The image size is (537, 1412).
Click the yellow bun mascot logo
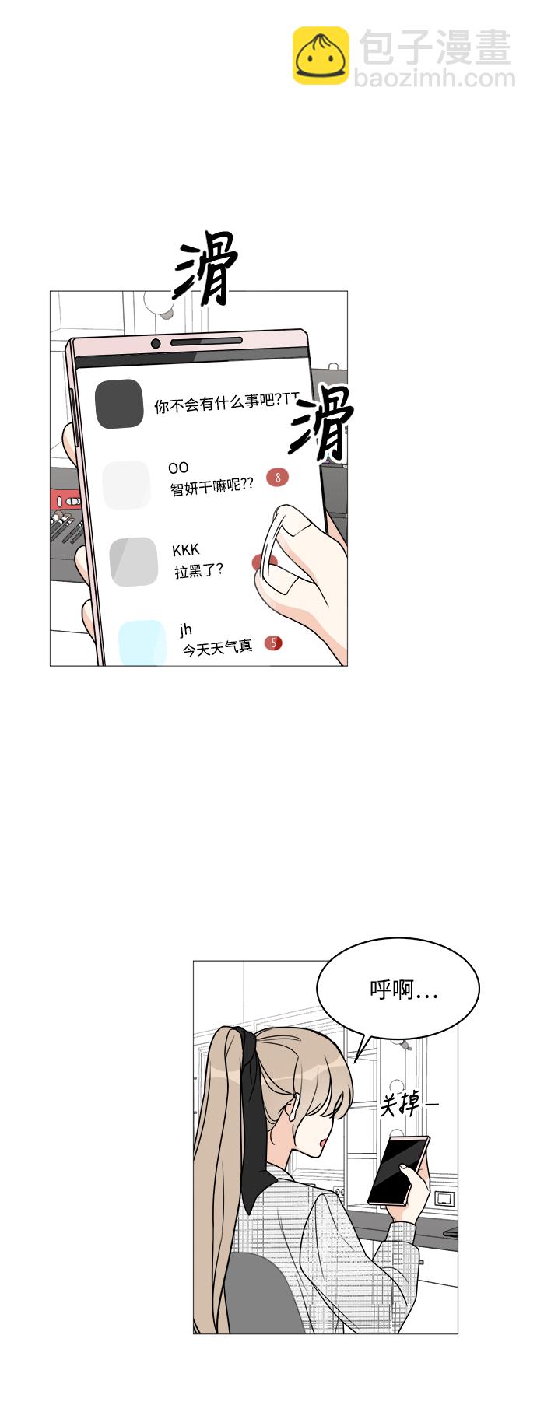(x=321, y=55)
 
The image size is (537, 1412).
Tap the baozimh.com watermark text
(x=434, y=78)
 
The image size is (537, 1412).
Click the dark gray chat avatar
(x=119, y=404)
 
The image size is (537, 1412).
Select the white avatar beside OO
(x=126, y=485)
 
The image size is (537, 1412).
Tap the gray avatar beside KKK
(x=134, y=561)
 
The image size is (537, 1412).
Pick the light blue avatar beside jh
(x=142, y=643)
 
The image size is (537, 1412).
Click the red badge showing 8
(x=277, y=477)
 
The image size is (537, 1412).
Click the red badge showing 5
(x=272, y=643)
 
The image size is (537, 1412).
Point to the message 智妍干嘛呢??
(x=212, y=487)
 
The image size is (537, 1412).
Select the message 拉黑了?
(x=198, y=570)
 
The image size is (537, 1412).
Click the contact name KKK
(x=186, y=551)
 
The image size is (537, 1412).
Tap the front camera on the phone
(x=156, y=344)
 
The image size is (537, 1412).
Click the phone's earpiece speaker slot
(x=206, y=341)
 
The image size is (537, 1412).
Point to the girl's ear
(x=290, y=1108)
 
